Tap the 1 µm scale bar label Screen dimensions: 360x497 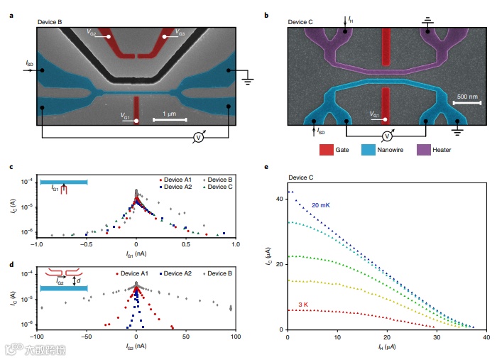[168, 114]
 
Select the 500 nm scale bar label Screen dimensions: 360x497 [466, 96]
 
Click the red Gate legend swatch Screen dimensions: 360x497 [327, 150]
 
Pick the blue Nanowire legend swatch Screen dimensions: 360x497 [368, 150]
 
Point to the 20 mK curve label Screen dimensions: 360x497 [320, 206]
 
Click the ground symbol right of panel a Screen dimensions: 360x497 [248, 80]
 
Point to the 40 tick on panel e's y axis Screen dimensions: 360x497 [279, 198]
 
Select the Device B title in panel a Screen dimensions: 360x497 [50, 23]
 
